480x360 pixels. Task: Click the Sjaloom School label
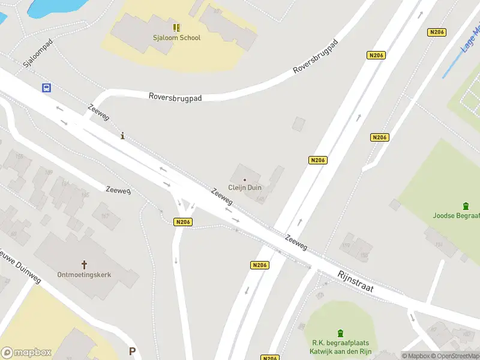coord(176,38)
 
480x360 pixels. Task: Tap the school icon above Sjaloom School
coord(176,27)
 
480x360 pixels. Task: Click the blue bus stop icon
coord(46,88)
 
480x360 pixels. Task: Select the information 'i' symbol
coord(123,136)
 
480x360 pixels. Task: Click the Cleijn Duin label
coord(245,188)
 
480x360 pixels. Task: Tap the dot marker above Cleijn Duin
coord(245,179)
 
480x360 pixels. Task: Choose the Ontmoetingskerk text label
coord(84,275)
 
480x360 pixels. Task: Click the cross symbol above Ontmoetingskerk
coord(84,264)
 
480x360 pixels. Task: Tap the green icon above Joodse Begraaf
coord(466,206)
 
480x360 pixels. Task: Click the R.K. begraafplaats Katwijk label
coord(341,347)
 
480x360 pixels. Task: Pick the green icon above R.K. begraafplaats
coord(341,333)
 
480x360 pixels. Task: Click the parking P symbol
coord(132,352)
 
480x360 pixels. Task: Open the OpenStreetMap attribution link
coord(455,356)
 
